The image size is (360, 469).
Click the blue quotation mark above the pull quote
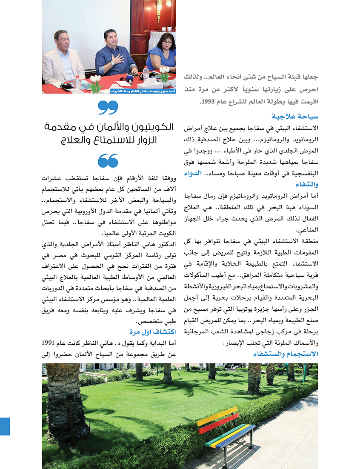pos(108,107)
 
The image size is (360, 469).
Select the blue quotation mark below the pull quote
pos(108,160)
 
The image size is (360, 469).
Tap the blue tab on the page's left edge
pos(5,426)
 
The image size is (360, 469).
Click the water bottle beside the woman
pos(146,73)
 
